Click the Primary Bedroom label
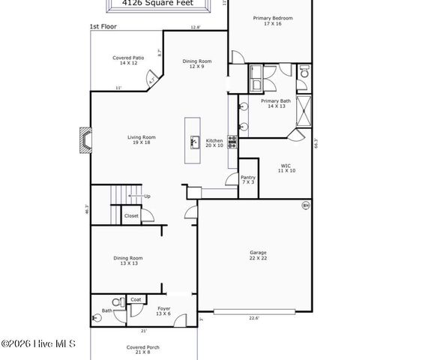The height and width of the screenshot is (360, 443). [x=272, y=20]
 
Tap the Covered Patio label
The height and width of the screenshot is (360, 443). [x=128, y=60]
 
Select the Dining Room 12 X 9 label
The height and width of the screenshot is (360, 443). [x=197, y=64]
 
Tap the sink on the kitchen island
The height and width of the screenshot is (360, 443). [x=193, y=140]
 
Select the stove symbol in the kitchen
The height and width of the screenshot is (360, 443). [x=232, y=139]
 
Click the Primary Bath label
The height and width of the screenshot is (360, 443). [x=275, y=103]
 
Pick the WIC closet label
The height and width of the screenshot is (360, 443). [x=286, y=168]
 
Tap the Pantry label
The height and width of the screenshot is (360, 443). [x=248, y=180]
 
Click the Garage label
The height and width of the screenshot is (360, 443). [x=258, y=255]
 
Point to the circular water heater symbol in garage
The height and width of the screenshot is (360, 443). [x=305, y=205]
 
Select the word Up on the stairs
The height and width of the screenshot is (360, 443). [x=147, y=196]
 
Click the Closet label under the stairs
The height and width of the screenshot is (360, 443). [x=131, y=215]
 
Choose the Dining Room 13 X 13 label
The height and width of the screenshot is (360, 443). [x=127, y=260]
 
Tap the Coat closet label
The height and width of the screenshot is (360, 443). [x=136, y=299]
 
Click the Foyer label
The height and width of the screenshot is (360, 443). [x=163, y=310]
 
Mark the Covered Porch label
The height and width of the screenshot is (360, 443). [x=142, y=350]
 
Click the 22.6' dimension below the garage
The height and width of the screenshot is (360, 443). [x=254, y=318]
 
